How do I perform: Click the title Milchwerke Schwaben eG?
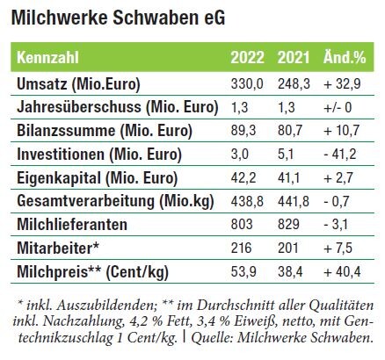(x=118, y=18)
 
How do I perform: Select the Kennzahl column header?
(x=47, y=57)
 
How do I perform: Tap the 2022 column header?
(x=247, y=57)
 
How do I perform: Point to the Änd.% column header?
(x=345, y=56)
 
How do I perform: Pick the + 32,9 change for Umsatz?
(x=342, y=84)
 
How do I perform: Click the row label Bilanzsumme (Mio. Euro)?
(x=105, y=131)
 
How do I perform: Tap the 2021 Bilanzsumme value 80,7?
(x=290, y=131)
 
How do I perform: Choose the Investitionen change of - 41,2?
(x=340, y=155)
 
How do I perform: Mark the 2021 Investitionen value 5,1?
(x=286, y=155)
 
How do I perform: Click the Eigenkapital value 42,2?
(x=243, y=177)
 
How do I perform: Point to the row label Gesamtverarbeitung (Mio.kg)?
(x=115, y=202)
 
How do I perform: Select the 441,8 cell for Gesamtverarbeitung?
(x=294, y=201)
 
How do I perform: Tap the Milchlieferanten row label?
(x=72, y=225)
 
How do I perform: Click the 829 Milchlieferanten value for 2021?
(x=288, y=225)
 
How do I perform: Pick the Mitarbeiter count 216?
(x=241, y=248)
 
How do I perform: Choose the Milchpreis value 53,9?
(x=243, y=271)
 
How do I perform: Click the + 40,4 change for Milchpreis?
(x=342, y=271)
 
